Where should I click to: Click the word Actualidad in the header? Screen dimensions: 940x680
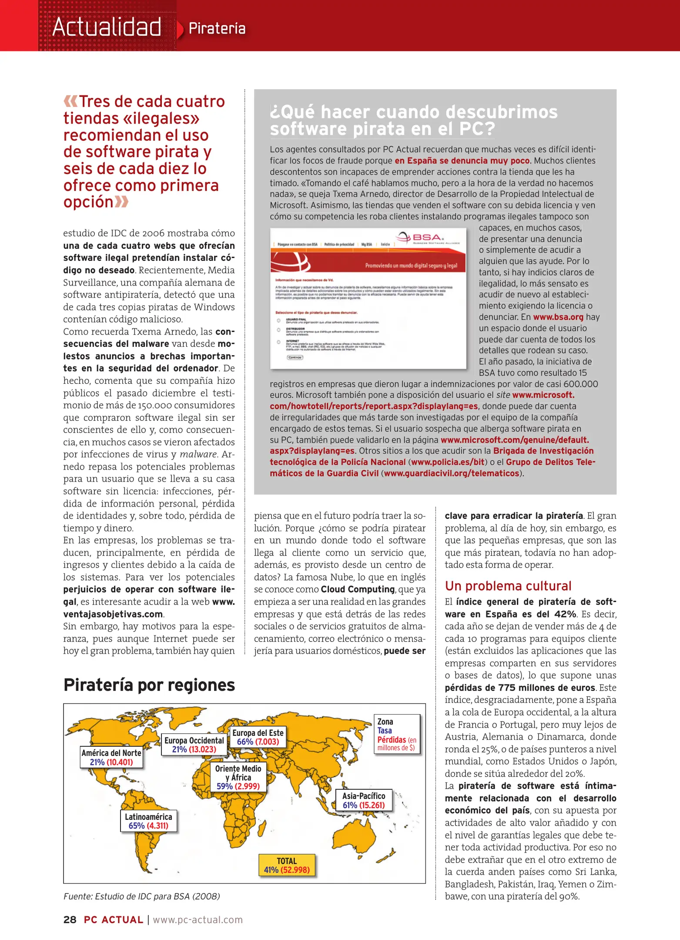(107, 27)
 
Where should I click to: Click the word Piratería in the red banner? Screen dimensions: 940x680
(217, 29)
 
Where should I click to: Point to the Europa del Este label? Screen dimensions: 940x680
(258, 737)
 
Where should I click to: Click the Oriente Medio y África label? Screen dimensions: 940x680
(238, 777)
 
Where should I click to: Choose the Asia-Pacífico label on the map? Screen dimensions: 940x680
(364, 800)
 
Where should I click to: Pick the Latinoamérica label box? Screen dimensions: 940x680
(148, 821)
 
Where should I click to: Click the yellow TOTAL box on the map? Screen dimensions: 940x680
(286, 865)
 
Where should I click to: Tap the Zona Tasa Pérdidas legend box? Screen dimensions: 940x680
(397, 734)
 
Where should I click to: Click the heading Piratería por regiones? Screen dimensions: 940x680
(149, 685)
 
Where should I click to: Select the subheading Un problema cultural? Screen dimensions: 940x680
(508, 586)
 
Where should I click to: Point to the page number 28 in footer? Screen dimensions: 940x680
(70, 920)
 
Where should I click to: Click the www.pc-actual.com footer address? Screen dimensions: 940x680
(198, 920)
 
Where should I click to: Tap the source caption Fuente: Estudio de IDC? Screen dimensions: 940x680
(141, 896)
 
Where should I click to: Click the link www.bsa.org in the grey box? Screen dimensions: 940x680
(558, 317)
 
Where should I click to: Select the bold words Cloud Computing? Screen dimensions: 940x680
(358, 589)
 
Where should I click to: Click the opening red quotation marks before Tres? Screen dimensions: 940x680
(70, 101)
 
